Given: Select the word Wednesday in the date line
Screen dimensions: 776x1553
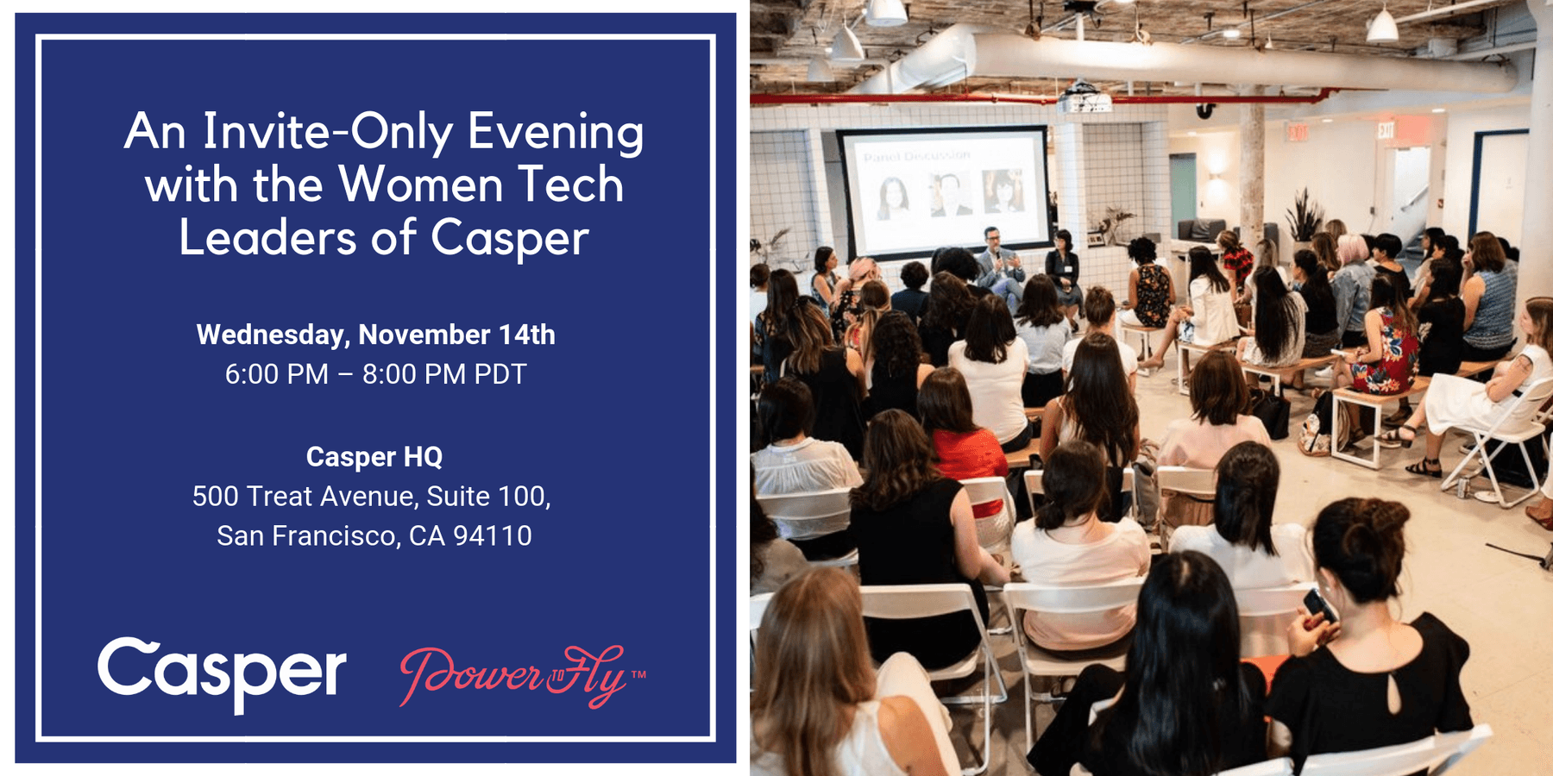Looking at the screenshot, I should [x=271, y=335].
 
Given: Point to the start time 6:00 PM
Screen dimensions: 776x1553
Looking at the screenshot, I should [x=276, y=374].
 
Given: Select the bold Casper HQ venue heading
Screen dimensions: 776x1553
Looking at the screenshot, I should [x=374, y=456].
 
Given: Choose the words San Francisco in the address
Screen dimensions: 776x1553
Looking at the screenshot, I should [x=306, y=535].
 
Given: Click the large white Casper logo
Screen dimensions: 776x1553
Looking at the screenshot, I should [x=222, y=673].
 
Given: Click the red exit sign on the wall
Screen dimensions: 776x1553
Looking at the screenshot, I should [x=1386, y=130].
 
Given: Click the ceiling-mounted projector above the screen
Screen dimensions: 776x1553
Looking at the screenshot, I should [x=1085, y=98].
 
